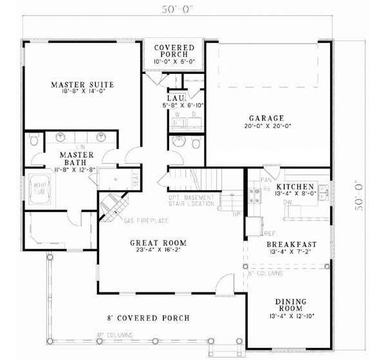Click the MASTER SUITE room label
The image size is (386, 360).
click(x=82, y=84)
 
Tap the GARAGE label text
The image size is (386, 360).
click(x=266, y=118)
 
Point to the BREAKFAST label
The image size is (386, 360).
click(x=291, y=244)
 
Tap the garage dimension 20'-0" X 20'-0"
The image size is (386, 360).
click(x=266, y=127)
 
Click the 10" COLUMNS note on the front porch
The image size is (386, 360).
click(x=114, y=335)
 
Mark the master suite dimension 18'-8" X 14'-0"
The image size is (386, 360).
click(x=82, y=92)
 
